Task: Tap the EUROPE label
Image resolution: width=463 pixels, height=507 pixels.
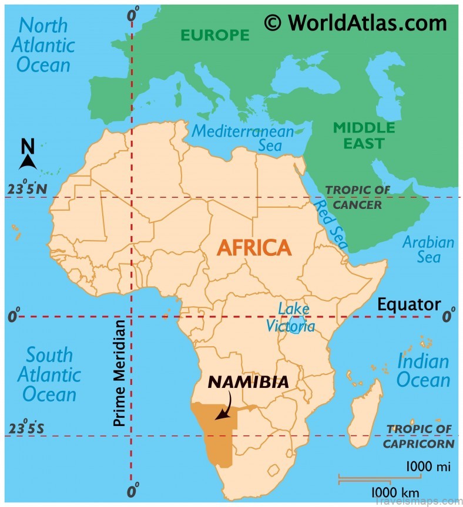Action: click(214, 35)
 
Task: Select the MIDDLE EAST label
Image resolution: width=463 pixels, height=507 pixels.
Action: click(364, 135)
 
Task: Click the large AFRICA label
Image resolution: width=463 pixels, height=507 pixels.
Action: click(254, 248)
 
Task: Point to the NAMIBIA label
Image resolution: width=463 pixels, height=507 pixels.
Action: click(249, 382)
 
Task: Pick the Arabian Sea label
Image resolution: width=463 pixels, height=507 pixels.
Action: click(428, 249)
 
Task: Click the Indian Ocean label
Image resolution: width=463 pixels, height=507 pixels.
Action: click(422, 370)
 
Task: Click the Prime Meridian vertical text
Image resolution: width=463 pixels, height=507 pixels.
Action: click(120, 373)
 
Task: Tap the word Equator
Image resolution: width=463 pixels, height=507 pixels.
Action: click(408, 304)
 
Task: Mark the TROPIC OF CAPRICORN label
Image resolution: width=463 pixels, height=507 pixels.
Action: click(418, 437)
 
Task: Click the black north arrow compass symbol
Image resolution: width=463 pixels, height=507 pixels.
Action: click(28, 156)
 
